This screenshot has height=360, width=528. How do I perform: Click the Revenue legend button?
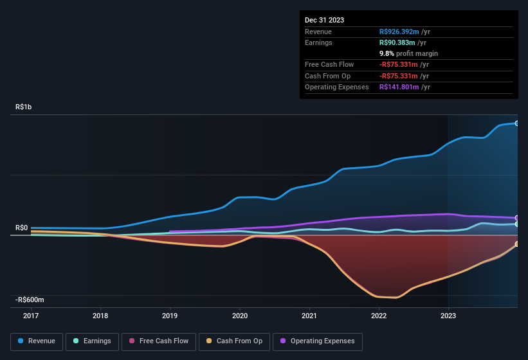pyautogui.click(x=37, y=341)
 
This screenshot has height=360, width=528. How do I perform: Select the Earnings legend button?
pyautogui.click(x=93, y=341)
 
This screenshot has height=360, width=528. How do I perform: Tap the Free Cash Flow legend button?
pyautogui.click(x=158, y=341)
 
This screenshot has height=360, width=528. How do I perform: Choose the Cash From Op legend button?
pyautogui.click(x=233, y=341)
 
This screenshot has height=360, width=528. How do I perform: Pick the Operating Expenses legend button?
pyautogui.click(x=318, y=341)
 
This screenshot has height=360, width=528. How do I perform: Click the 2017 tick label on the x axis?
pyautogui.click(x=30, y=316)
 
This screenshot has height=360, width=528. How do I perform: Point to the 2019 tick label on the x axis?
pyautogui.click(x=170, y=316)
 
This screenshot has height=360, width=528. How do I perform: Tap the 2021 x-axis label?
pyautogui.click(x=309, y=316)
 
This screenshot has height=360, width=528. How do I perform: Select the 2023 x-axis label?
pyautogui.click(x=448, y=316)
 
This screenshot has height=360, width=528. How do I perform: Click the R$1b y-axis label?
pyautogui.click(x=23, y=107)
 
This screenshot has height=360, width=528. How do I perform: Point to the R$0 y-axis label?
pyautogui.click(x=21, y=228)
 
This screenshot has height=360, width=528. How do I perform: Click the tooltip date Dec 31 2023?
pyautogui.click(x=324, y=20)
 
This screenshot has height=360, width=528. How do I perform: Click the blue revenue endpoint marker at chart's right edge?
pyautogui.click(x=517, y=123)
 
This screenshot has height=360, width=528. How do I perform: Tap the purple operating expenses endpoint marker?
pyautogui.click(x=517, y=218)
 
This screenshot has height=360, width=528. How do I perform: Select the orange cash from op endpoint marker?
pyautogui.click(x=517, y=244)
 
